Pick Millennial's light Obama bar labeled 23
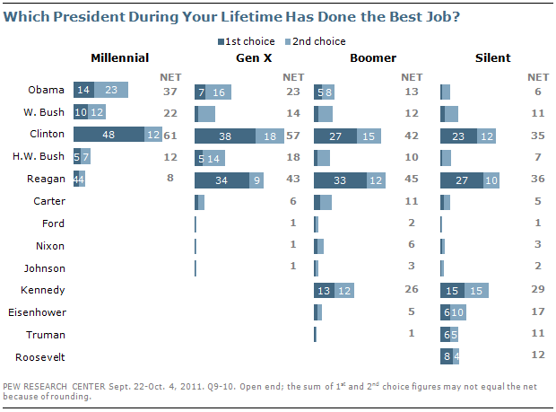(x=111, y=91)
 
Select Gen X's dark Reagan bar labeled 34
(x=219, y=180)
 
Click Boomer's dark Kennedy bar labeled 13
(x=325, y=290)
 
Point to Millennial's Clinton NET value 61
(x=168, y=135)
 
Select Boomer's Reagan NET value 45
(x=412, y=180)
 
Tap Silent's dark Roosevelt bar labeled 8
(x=447, y=356)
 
